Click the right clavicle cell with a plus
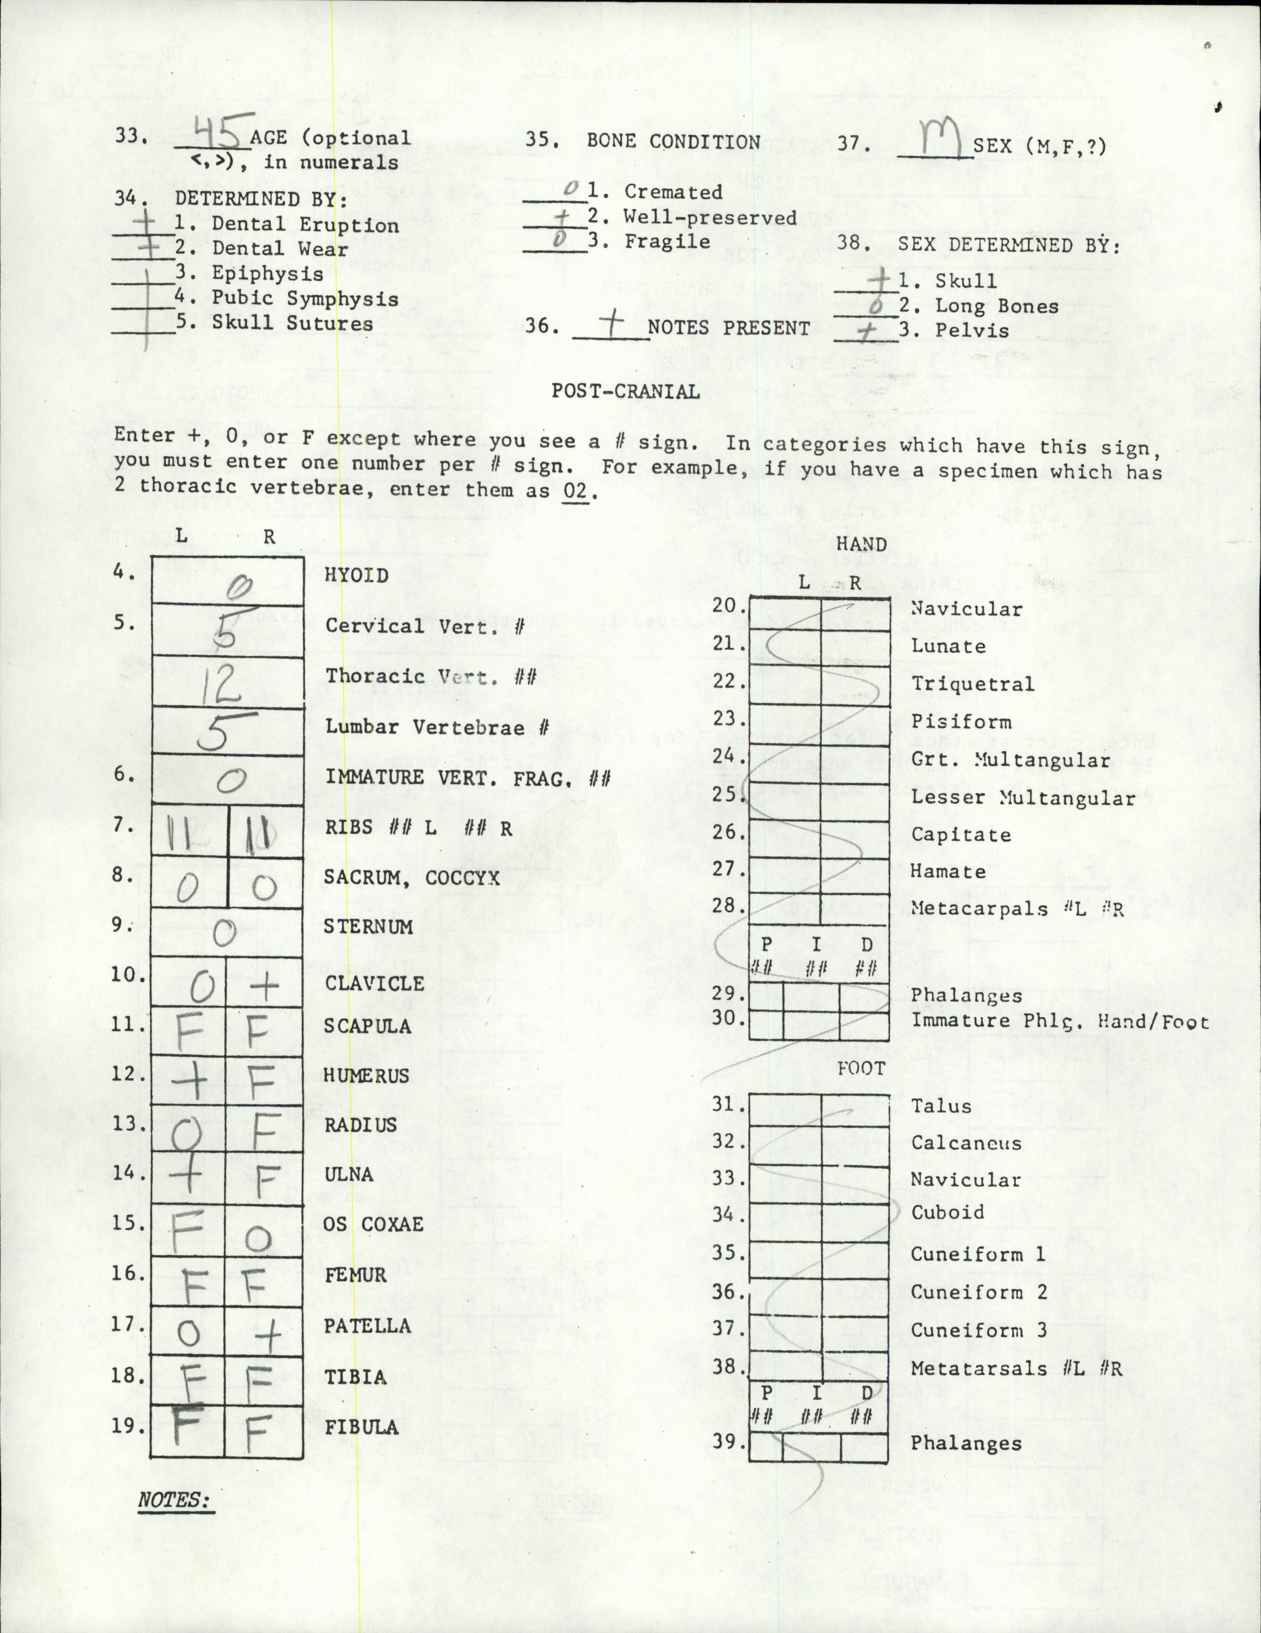click(264, 986)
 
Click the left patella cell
click(188, 1333)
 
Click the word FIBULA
click(361, 1427)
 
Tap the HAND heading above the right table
click(861, 544)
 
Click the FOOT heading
click(861, 1069)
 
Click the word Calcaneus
click(965, 1143)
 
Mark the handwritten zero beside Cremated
click(571, 189)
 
